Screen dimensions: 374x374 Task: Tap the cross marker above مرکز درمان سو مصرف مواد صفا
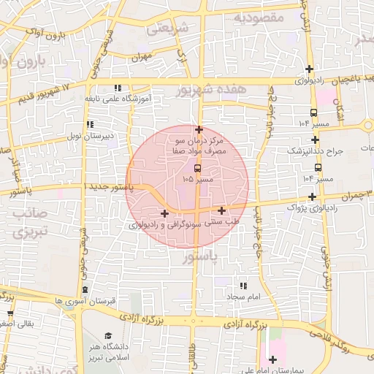click(199, 129)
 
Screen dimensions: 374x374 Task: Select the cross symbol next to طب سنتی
click(221, 211)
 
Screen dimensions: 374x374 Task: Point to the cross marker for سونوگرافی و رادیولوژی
click(164, 214)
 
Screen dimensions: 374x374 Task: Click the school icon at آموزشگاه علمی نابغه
click(118, 88)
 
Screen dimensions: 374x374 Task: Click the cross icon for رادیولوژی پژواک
click(313, 196)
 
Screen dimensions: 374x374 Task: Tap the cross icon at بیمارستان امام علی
click(273, 359)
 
